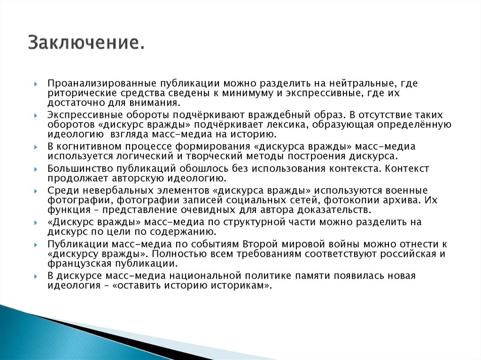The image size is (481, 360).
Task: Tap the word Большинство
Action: pyautogui.click(x=78, y=169)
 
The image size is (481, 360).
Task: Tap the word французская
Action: pyautogui.click(x=76, y=263)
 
